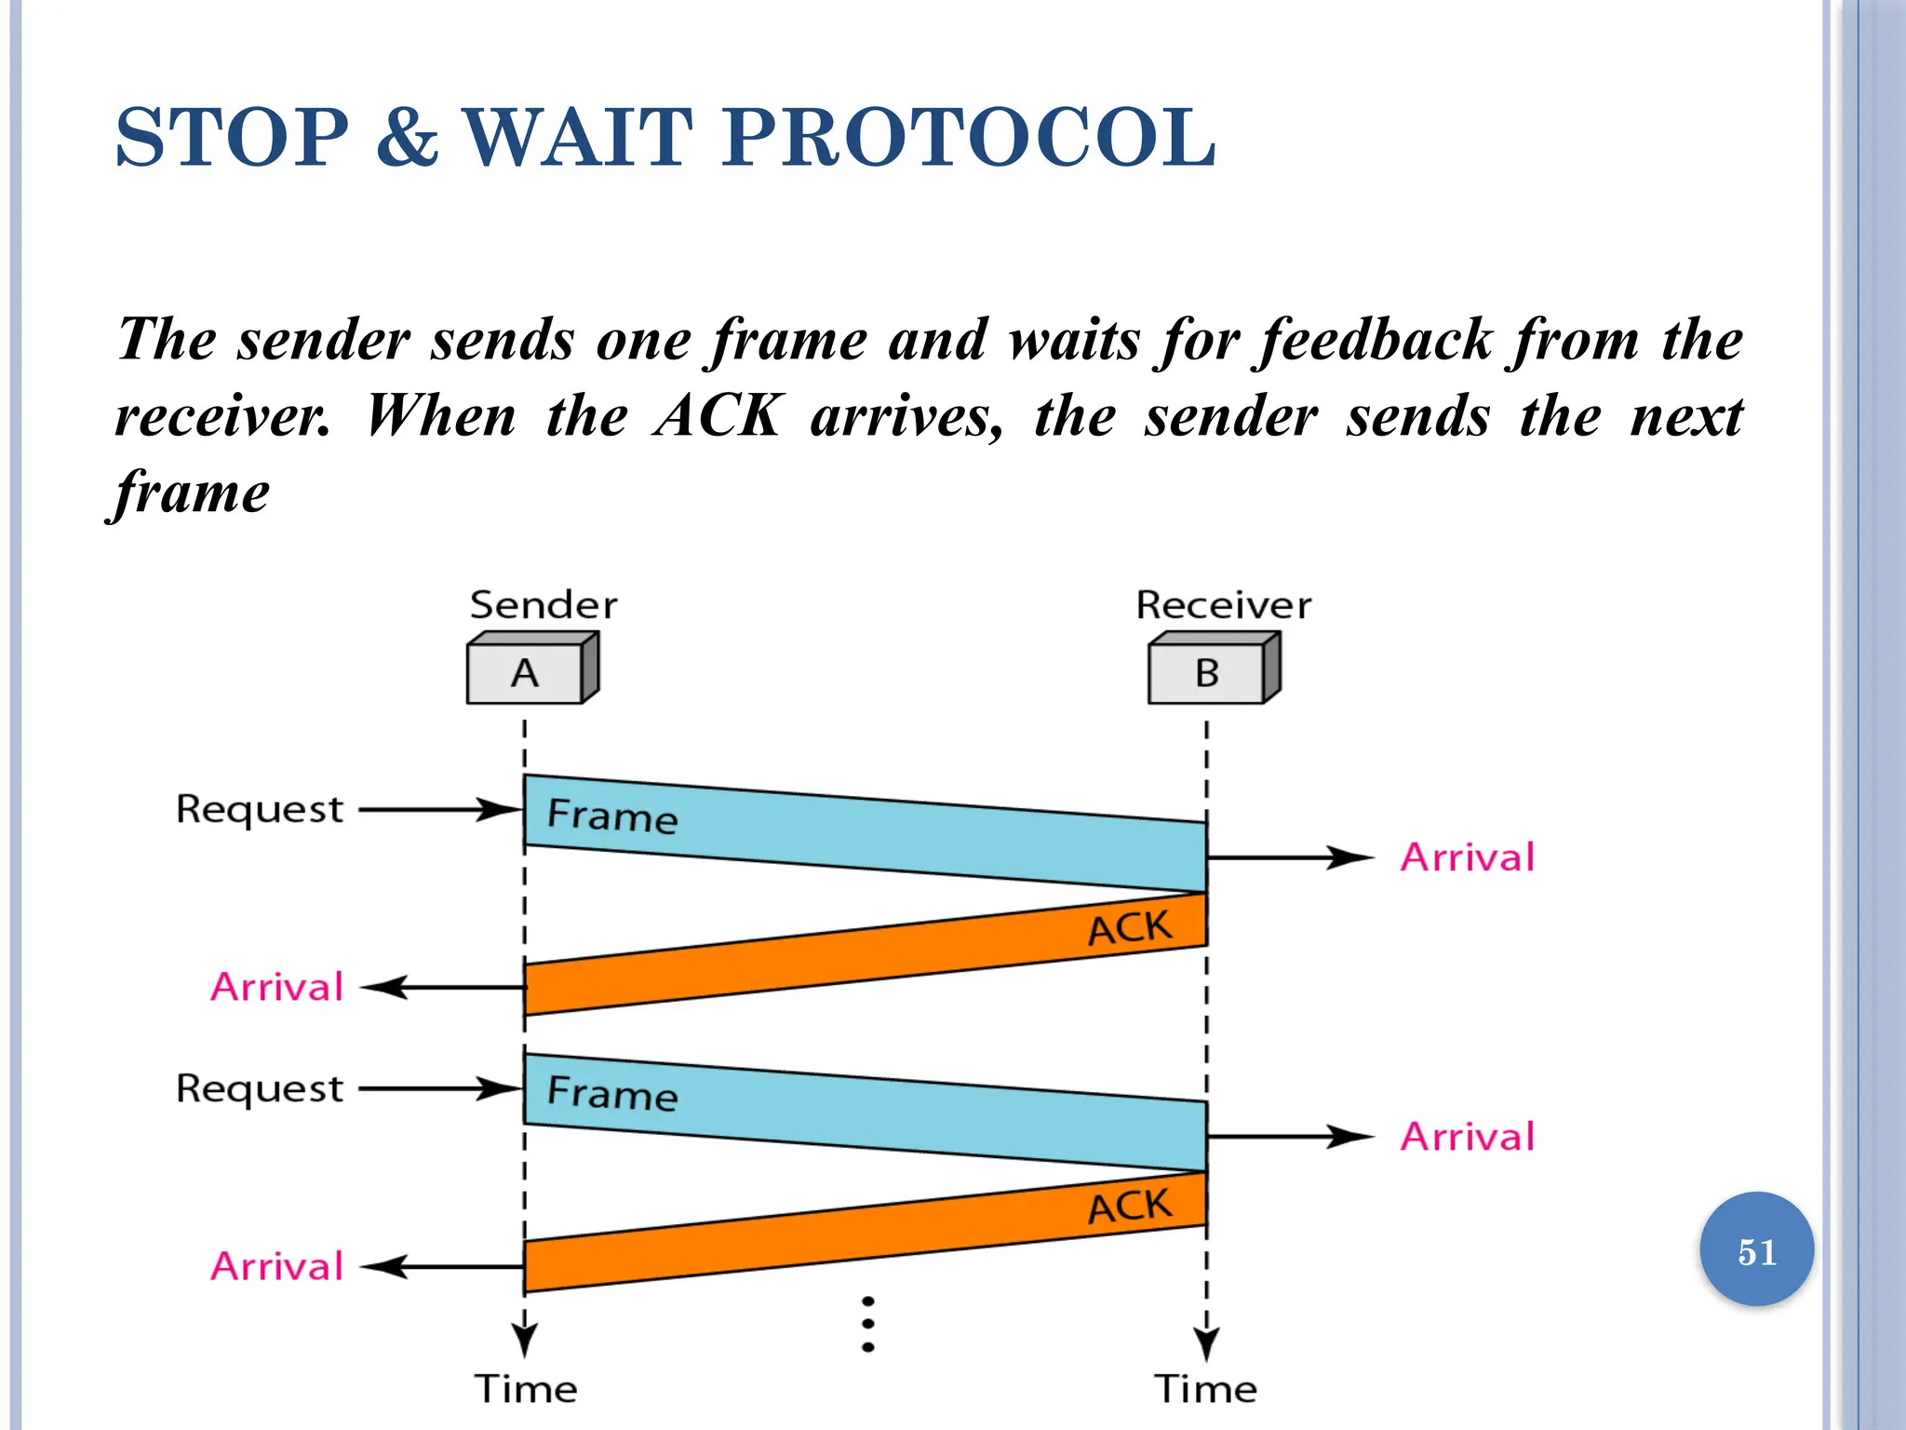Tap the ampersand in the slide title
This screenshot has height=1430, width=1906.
407,138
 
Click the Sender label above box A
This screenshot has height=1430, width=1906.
544,606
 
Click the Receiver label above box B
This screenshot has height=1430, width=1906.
1223,606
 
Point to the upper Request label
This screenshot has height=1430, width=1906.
260,810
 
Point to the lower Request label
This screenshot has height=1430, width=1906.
260,1089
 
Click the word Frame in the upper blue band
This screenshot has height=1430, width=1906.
611,816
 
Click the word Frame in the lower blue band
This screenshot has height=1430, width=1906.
611,1094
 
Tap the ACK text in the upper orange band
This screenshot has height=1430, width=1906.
1130,928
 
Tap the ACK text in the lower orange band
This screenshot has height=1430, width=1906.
1130,1207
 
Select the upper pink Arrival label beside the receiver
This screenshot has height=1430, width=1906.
1467,857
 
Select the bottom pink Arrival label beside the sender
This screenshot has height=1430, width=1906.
277,1267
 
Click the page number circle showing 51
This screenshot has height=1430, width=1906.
1756,1250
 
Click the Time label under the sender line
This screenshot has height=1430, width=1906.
526,1389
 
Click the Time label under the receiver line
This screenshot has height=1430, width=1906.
1206,1389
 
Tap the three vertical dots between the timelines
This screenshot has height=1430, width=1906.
867,1324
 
